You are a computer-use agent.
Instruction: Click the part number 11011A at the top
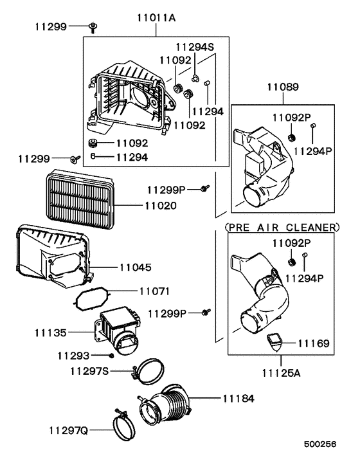[x=156, y=19]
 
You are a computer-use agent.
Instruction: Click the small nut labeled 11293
[x=112, y=356]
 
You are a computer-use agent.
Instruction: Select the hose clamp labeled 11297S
[x=149, y=369]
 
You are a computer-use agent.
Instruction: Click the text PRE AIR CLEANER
[x=282, y=227]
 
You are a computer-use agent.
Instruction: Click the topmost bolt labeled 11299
[x=94, y=27]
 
